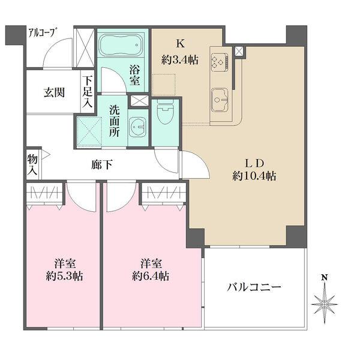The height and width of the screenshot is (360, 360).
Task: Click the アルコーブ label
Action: click(x=42, y=33)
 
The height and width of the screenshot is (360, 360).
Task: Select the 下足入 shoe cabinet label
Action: click(x=88, y=92)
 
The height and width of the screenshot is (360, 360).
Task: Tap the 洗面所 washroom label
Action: click(x=114, y=122)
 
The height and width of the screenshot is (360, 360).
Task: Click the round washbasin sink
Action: click(x=138, y=127)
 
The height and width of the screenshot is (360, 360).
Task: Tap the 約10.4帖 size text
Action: click(x=255, y=176)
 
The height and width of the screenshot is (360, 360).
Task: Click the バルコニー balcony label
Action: click(x=254, y=287)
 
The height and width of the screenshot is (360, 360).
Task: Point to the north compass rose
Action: click(x=325, y=304)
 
